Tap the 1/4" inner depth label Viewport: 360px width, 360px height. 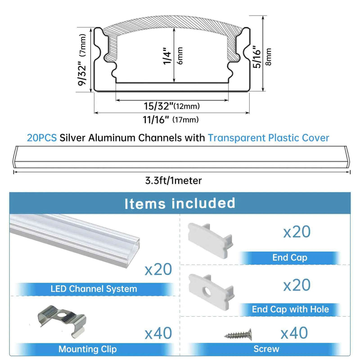167,56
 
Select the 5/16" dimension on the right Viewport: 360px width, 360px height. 257,57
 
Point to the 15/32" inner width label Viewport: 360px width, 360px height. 159,106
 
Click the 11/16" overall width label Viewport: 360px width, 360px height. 156,120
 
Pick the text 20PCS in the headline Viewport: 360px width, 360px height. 42,138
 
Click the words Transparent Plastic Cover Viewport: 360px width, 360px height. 268,138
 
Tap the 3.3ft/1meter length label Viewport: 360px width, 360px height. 173,181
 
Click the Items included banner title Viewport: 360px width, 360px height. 180,203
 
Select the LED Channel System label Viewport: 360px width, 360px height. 94,289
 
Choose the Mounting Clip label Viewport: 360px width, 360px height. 87,349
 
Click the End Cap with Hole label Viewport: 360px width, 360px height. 290,309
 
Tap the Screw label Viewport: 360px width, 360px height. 266,349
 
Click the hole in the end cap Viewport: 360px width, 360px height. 207,291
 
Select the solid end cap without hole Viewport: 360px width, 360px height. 210,240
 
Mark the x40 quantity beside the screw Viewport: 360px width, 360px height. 294,333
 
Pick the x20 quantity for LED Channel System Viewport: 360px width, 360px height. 158,269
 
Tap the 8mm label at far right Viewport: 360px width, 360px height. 268,57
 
